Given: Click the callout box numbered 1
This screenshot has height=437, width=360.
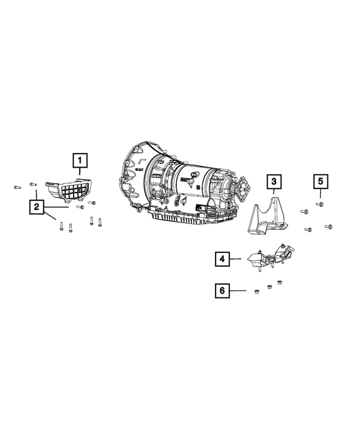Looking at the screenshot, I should tap(80, 161).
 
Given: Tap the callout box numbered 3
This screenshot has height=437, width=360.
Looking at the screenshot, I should tap(273, 181).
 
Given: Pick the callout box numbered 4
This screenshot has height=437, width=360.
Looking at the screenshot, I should tap(222, 259).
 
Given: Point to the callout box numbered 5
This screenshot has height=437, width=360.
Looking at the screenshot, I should tap(319, 181).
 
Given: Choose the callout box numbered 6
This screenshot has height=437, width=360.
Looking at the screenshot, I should tap(222, 290).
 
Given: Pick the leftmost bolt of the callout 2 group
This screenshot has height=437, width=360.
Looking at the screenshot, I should tap(16, 186).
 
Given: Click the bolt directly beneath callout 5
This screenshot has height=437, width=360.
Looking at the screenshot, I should tap(319, 204).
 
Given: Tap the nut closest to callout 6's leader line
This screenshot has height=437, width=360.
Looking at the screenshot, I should tap(255, 291).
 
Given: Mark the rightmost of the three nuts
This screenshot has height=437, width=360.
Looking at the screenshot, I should tap(278, 282).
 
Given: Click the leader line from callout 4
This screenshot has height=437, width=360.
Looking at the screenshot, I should tap(236, 259).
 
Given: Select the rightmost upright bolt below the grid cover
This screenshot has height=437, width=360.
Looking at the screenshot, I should tap(100, 222).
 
